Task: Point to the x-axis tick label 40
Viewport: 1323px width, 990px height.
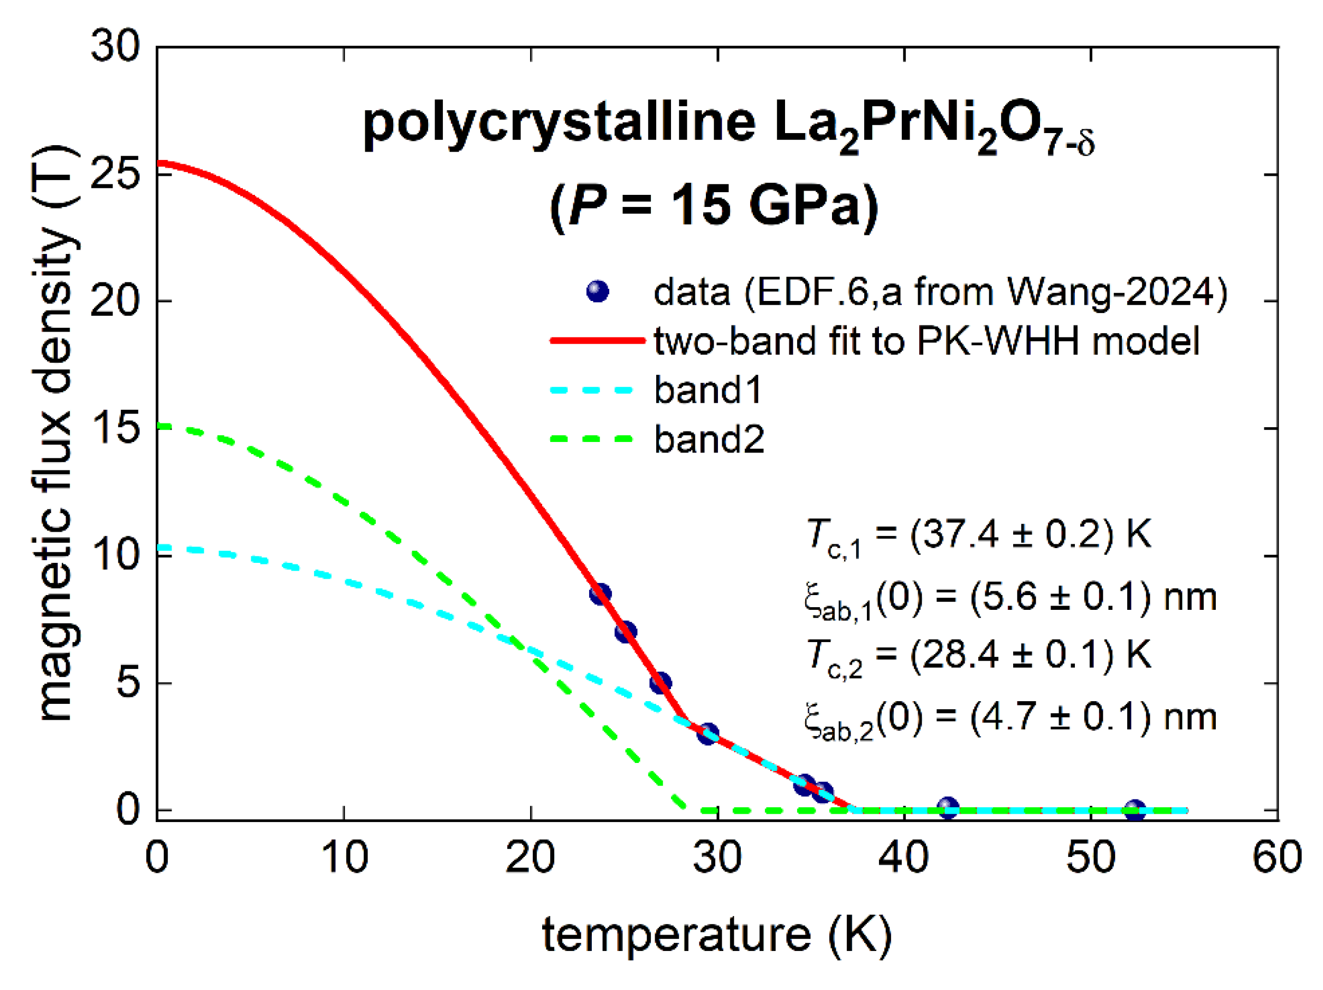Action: click(x=903, y=857)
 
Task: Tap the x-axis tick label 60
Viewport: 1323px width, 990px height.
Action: click(x=1277, y=857)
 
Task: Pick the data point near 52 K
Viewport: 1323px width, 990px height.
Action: click(x=1135, y=810)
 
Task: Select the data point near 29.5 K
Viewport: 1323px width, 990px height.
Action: click(x=708, y=734)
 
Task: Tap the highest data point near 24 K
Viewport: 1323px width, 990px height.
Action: click(x=600, y=594)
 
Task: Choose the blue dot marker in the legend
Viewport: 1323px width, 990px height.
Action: click(x=598, y=291)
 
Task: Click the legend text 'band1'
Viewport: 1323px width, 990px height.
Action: click(x=708, y=390)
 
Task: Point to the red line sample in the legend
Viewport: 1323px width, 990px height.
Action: click(x=597, y=341)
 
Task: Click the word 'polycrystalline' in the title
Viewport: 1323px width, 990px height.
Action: click(x=559, y=124)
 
